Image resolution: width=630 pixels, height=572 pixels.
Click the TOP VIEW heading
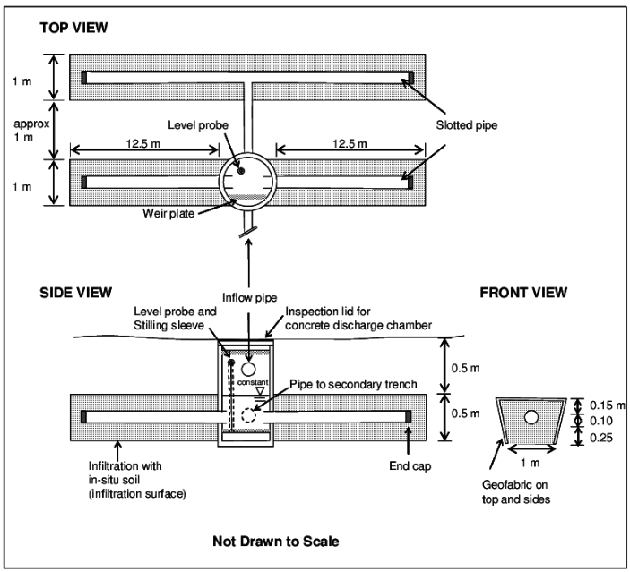click(x=73, y=28)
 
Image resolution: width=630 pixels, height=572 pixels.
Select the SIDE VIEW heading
click(x=75, y=292)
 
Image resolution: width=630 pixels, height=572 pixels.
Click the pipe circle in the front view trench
click(x=532, y=416)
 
